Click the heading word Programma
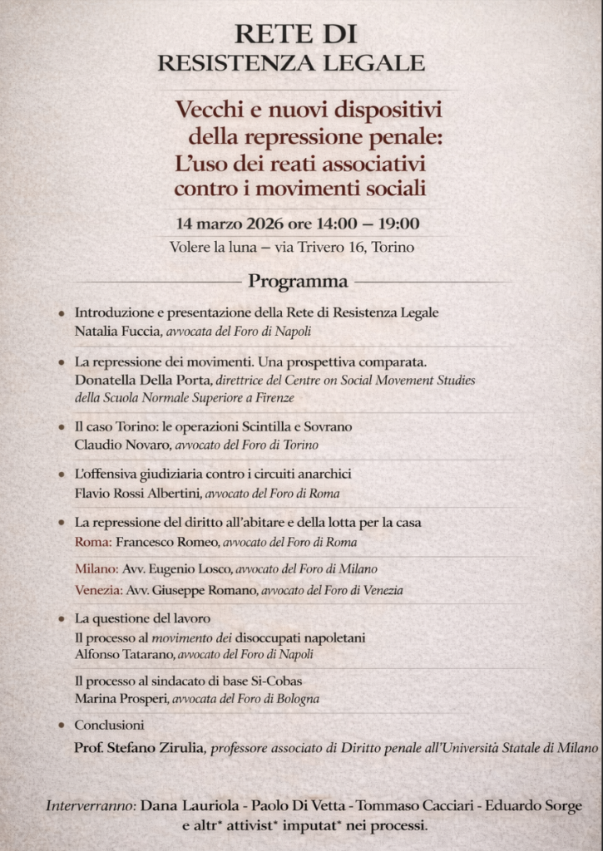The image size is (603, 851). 298,281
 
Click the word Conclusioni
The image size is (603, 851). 109,725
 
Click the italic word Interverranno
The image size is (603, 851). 90,805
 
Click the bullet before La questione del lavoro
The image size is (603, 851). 62,619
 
